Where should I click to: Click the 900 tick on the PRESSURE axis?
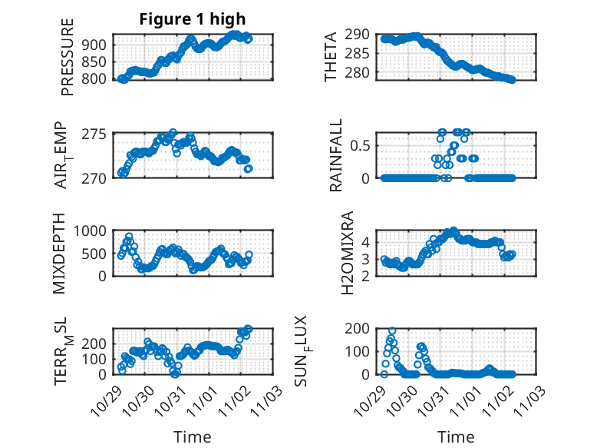(98, 45)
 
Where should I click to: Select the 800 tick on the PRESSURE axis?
(98, 78)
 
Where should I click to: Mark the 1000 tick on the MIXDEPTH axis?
(94, 231)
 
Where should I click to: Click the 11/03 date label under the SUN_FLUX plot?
(534, 400)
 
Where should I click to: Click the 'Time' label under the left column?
(192, 436)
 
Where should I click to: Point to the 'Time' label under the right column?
(456, 436)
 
